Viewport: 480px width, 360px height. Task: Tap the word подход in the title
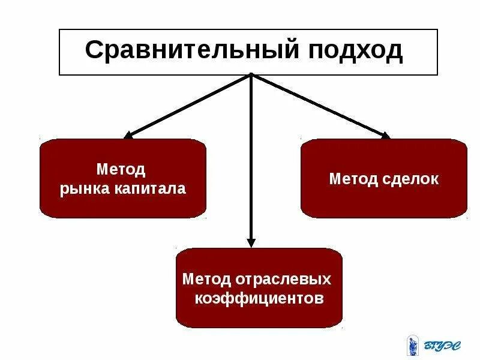[356, 51]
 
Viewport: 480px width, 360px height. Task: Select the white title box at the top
[248, 52]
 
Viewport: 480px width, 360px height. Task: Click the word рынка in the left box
[83, 189]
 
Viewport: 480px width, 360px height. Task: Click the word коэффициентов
[259, 298]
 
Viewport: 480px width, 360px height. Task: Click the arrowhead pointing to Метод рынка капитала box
[128, 136]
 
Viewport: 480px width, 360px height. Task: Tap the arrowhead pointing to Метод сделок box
[384, 136]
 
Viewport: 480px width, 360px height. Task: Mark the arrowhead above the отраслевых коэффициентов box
[251, 242]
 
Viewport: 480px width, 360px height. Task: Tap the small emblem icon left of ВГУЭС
[412, 344]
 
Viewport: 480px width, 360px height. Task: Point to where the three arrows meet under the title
[251, 76]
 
